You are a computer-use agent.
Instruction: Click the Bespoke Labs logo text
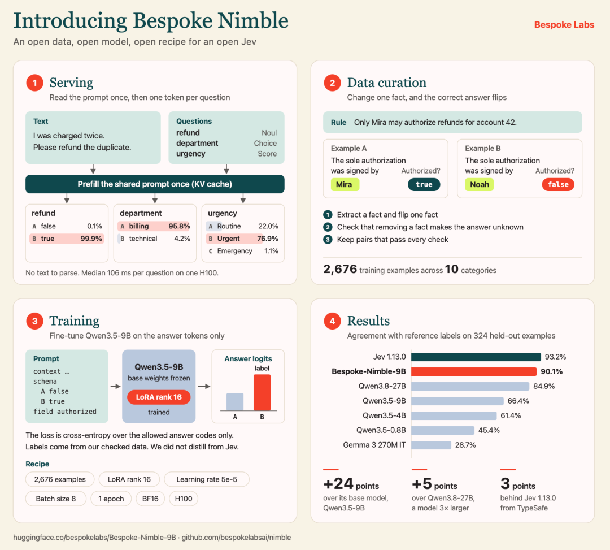pos(564,24)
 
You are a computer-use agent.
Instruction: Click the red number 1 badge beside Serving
pos(34,83)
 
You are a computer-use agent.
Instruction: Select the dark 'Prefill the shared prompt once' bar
pos(155,184)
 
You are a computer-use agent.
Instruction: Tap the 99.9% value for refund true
pos(91,239)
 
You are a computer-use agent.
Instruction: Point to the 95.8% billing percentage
pos(179,226)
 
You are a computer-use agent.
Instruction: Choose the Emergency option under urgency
pos(234,251)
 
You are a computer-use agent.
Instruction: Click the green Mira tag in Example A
pos(345,184)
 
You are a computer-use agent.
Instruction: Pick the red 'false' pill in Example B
pos(558,184)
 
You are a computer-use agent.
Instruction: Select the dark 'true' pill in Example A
pos(424,184)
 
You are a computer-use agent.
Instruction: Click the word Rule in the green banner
pos(338,122)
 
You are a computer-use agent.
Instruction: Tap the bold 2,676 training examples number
pos(340,269)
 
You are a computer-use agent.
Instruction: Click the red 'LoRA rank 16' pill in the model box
pos(159,397)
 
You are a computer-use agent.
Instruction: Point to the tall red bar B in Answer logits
pos(262,392)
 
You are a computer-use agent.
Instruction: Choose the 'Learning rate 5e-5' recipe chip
pos(207,479)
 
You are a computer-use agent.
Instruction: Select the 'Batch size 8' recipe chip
pos(55,499)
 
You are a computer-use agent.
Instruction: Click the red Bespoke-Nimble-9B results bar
pos(474,372)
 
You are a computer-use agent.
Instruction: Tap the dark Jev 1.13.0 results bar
pos(476,357)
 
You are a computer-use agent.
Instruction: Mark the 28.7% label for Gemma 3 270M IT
pos(465,445)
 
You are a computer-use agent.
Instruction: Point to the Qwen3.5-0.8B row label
pos(381,430)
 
